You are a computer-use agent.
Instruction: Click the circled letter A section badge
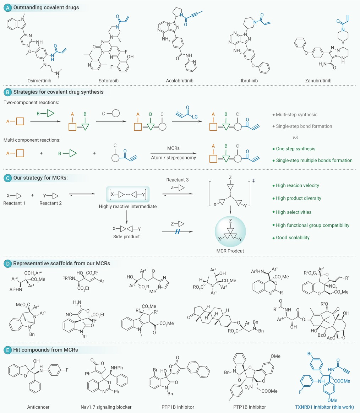[x=8, y=8]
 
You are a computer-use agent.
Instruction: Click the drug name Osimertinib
[x=39, y=81]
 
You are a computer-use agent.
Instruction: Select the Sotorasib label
[x=109, y=81]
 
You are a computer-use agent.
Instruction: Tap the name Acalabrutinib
[x=180, y=81]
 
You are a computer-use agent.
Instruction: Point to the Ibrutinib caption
[x=249, y=81]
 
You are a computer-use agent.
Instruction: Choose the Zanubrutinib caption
[x=318, y=81]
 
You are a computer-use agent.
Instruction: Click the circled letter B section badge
[x=8, y=92]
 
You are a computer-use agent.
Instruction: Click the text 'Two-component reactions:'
[x=31, y=102]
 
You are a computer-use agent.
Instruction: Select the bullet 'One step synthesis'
[x=295, y=148]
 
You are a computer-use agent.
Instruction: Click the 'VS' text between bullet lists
[x=295, y=137]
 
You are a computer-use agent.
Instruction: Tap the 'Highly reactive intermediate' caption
[x=128, y=207]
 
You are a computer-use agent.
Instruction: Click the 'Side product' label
[x=126, y=237]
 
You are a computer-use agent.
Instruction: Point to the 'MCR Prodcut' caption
[x=230, y=251]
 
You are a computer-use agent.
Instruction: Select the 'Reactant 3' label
[x=178, y=180]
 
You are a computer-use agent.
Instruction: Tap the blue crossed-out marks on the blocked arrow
[x=178, y=232]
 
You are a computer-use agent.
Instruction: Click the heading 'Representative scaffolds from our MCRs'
[x=62, y=263]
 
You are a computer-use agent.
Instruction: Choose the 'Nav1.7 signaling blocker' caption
[x=106, y=407]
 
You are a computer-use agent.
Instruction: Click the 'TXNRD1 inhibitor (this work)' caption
[x=324, y=407]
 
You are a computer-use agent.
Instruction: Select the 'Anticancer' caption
[x=38, y=407]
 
